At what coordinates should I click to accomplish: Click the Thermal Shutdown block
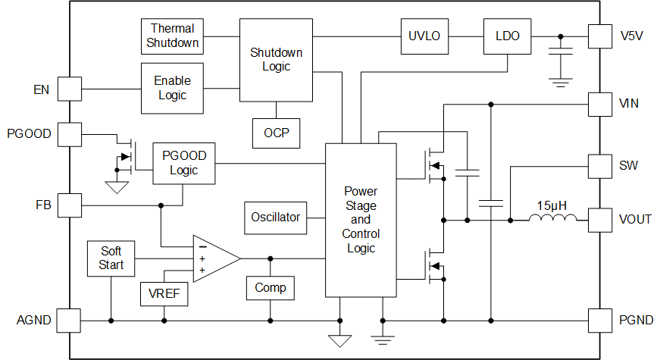point(173,36)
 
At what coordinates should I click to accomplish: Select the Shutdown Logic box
point(276,60)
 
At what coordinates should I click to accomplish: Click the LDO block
point(507,36)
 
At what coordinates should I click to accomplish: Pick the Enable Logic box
point(173,88)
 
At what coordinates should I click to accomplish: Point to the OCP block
point(276,133)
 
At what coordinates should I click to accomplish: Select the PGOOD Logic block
point(183,163)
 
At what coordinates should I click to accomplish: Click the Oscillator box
point(276,218)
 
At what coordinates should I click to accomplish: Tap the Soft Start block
point(111,258)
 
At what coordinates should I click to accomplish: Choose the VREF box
point(164,293)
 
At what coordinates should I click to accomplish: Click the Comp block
point(270,288)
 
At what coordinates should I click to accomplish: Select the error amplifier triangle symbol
point(213,258)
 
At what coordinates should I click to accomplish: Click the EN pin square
point(70,89)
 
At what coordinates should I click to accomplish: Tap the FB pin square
point(70,205)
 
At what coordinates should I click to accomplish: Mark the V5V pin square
point(600,36)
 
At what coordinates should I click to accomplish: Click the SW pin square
point(600,165)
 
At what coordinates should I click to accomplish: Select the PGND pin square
point(600,321)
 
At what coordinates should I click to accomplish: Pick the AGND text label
point(34,321)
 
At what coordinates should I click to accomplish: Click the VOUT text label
point(635,220)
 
